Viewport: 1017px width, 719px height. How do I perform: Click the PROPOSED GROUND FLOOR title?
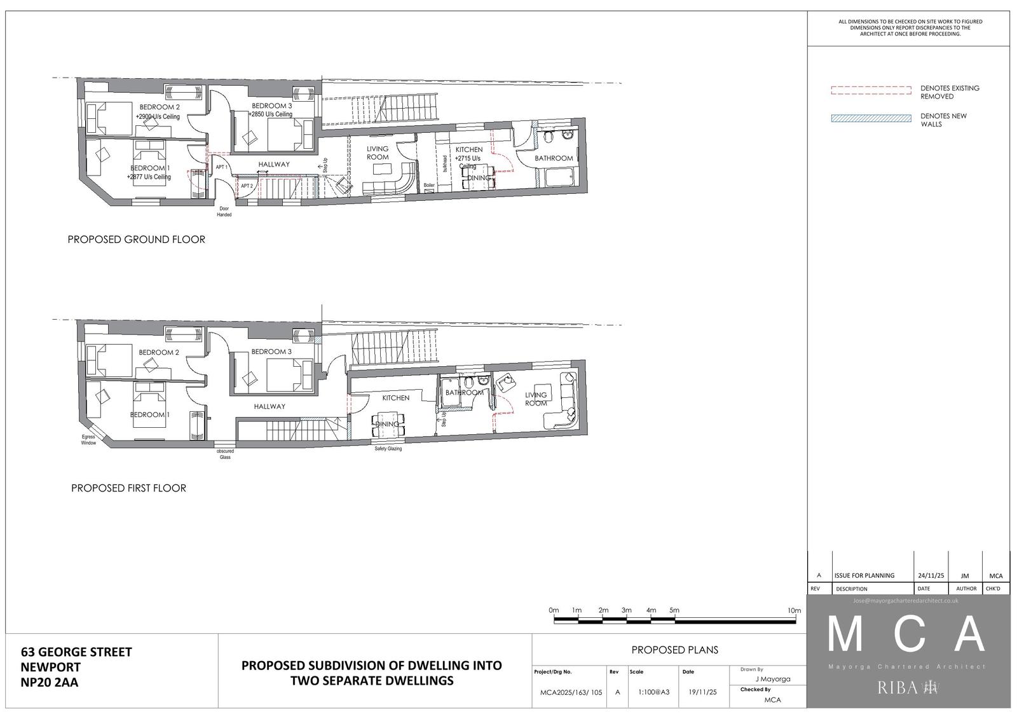click(136, 240)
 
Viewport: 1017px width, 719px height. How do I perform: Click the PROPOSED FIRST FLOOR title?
click(128, 488)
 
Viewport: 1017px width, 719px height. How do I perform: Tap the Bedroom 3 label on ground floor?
click(272, 106)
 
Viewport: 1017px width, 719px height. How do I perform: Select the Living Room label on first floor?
click(536, 399)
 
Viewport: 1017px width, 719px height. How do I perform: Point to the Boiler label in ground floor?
click(429, 186)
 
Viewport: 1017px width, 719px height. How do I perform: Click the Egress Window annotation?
click(88, 440)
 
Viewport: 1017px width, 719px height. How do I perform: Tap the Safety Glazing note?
click(388, 449)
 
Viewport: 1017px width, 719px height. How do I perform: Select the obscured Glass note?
click(225, 454)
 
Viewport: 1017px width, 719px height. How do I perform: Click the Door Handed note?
click(224, 212)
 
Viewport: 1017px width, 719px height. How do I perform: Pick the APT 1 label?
click(221, 167)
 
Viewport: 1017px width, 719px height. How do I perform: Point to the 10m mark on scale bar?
click(794, 611)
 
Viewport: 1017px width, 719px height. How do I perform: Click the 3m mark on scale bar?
click(627, 611)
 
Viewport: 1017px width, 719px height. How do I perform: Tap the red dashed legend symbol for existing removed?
click(871, 90)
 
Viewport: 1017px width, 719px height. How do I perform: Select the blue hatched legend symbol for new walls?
click(871, 118)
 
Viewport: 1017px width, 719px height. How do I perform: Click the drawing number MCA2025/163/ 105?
click(568, 692)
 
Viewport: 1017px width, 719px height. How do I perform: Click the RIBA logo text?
click(898, 688)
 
